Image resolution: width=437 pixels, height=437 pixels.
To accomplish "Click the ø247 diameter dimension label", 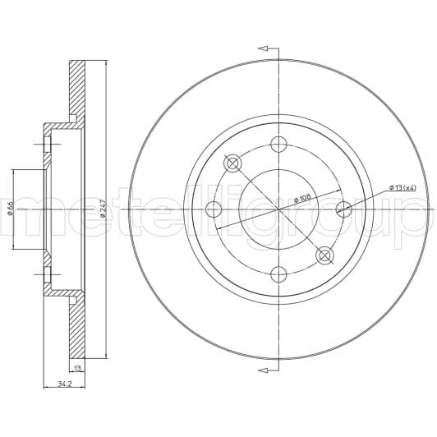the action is coord(103,209).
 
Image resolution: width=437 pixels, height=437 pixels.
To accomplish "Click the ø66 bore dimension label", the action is coord(11,209).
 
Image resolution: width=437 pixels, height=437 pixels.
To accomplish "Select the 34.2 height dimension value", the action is coord(65,384).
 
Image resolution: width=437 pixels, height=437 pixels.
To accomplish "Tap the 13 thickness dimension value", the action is coord(77,369).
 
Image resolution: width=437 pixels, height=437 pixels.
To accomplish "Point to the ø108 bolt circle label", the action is coord(302,198).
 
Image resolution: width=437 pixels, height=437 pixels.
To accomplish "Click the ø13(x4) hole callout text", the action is coord(402,188).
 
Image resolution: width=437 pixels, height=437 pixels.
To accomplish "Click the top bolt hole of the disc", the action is coord(278,144).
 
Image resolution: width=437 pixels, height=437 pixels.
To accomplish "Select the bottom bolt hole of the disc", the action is coord(278,274).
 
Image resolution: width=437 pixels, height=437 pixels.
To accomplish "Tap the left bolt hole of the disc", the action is coord(214,209).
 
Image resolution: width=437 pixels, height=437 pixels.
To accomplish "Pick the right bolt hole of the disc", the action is coord(343,209).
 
